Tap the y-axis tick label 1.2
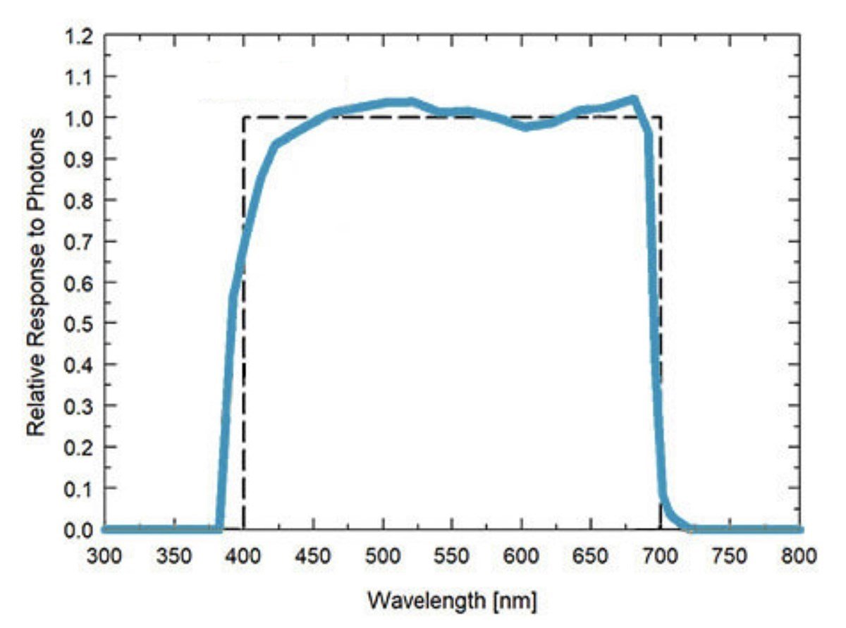click(79, 35)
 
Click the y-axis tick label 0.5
click(79, 324)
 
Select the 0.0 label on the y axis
click(79, 529)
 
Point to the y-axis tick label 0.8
click(79, 200)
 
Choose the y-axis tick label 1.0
click(79, 118)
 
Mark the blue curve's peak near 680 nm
click(634, 99)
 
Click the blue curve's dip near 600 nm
click(525, 127)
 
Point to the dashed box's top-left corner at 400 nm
click(243, 117)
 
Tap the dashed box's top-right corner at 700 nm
click(660, 117)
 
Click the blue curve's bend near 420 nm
click(276, 145)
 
